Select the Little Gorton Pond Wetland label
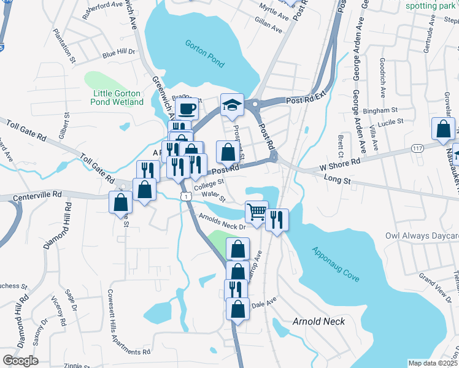pyautogui.click(x=117, y=98)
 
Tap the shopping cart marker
pyautogui.click(x=256, y=212)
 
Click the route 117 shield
pyautogui.click(x=417, y=149)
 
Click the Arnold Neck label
pyautogui.click(x=318, y=321)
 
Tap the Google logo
pyautogui.click(x=20, y=361)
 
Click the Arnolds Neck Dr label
pyautogui.click(x=222, y=221)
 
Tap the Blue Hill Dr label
pyautogui.click(x=119, y=54)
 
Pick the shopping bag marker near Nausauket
pyautogui.click(x=443, y=129)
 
